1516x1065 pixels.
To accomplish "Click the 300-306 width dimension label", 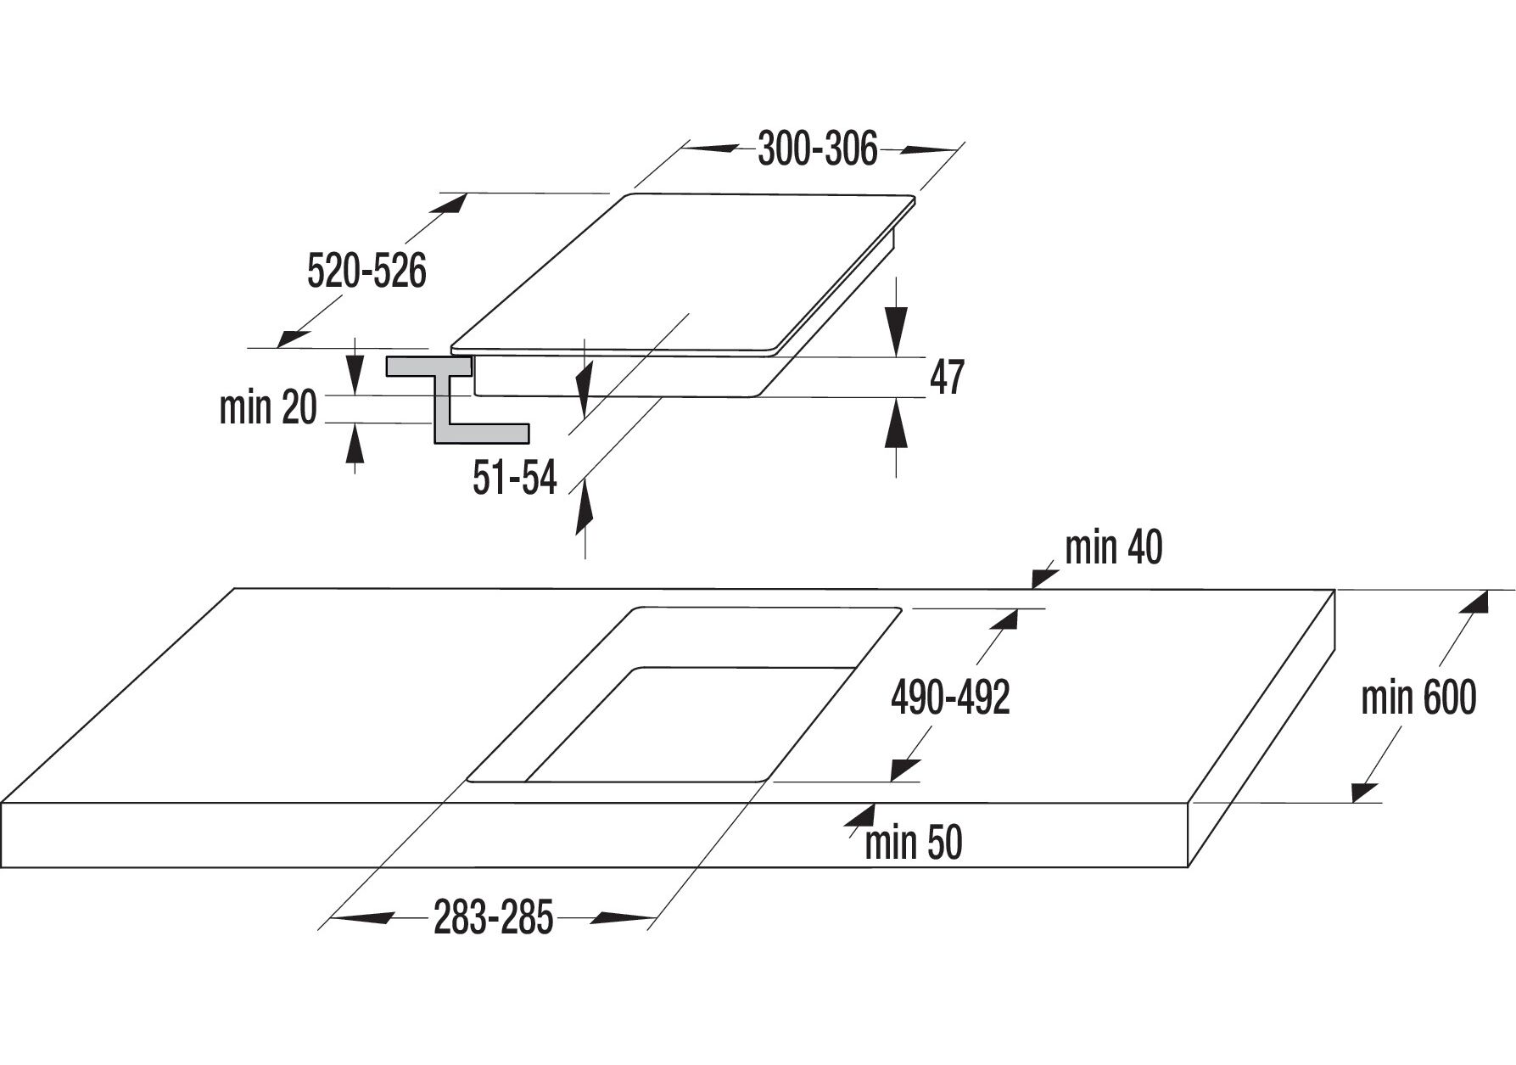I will [817, 149].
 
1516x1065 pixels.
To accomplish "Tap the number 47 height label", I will [947, 378].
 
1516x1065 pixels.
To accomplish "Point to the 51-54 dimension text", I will [515, 479].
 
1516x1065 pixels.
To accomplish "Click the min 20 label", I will [267, 408].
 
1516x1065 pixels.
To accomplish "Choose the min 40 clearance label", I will [1113, 548].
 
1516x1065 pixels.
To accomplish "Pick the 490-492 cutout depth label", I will [950, 698].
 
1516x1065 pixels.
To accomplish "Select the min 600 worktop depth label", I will [1418, 698].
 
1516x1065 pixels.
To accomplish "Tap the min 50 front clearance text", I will [914, 844].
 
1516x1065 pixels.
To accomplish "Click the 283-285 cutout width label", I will [493, 918].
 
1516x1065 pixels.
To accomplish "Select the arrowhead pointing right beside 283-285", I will [624, 917].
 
